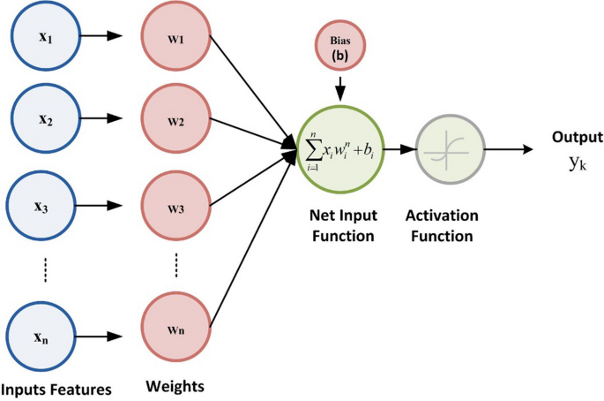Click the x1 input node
[43, 37]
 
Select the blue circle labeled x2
[43, 119]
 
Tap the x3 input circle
[43, 208]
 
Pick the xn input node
[43, 337]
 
